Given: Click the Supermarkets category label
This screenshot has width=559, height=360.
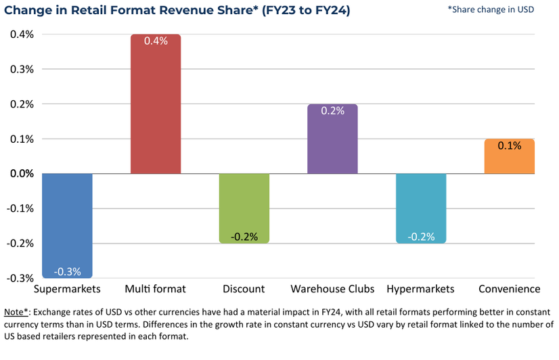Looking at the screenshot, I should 67,289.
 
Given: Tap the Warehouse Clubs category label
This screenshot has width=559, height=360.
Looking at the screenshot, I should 332,289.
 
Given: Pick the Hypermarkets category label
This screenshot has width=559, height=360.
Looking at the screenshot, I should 420,289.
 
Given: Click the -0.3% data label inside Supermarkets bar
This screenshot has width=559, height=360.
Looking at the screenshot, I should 67,271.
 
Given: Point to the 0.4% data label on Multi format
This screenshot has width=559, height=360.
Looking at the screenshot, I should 156,41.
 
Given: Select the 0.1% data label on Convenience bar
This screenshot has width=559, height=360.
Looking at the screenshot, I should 509,145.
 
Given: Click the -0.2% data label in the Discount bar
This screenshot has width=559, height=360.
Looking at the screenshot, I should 244,237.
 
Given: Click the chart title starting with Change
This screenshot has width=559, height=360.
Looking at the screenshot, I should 177,12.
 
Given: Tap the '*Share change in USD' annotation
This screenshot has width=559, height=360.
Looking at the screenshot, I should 491,10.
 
